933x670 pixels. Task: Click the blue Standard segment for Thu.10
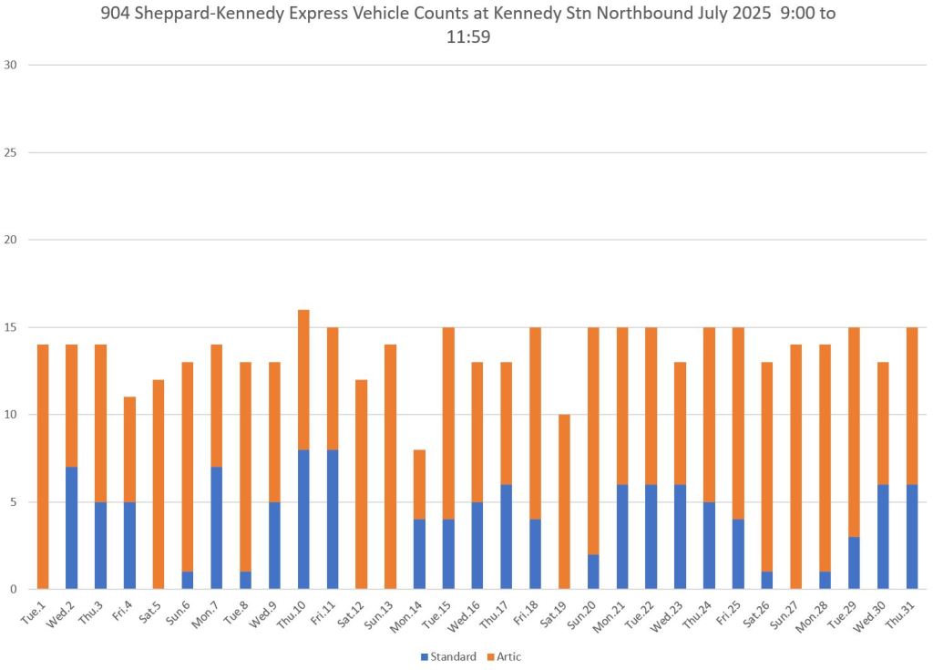(x=303, y=519)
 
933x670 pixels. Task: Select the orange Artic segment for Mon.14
(x=419, y=484)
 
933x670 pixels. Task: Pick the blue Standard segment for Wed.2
(x=72, y=528)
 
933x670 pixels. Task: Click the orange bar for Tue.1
(x=43, y=467)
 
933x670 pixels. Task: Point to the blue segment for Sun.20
(x=593, y=572)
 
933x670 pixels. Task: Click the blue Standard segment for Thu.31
(x=912, y=536)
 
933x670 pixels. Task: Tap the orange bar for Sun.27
(x=796, y=467)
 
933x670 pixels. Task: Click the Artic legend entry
(x=503, y=656)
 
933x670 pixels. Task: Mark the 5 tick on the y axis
(x=15, y=502)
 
